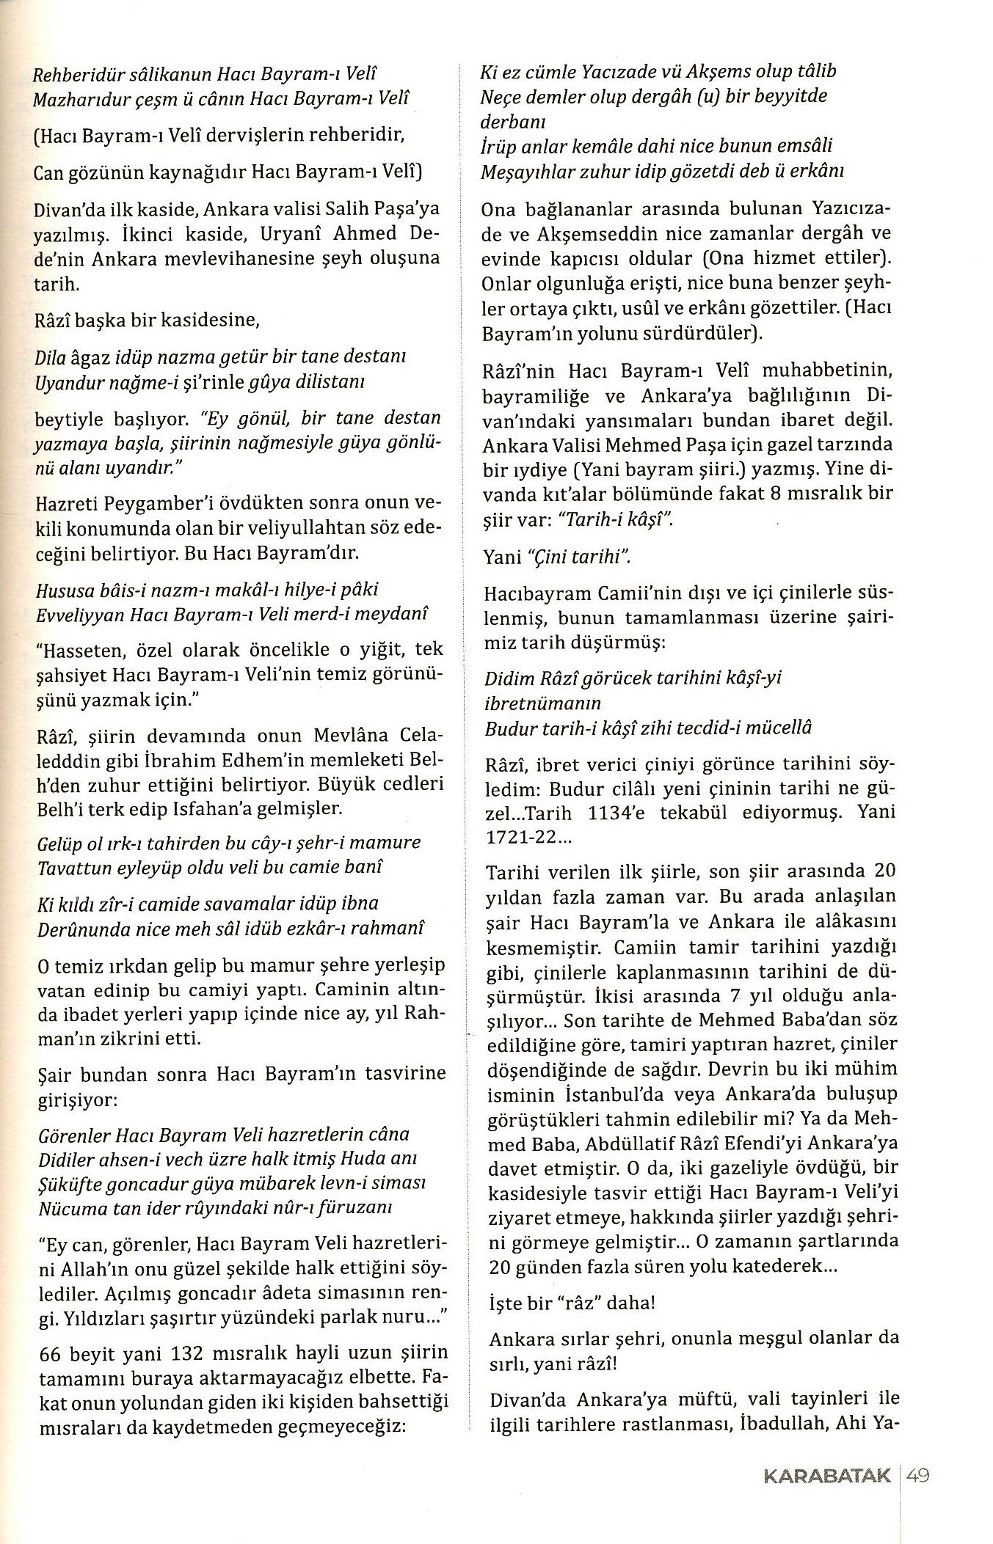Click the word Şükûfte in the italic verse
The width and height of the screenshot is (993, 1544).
[x=67, y=1182]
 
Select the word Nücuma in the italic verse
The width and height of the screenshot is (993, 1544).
[x=65, y=1207]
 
